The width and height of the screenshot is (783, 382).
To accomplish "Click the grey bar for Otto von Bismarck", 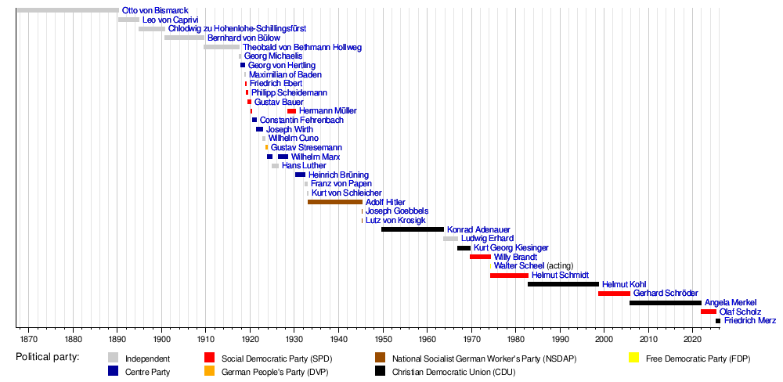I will (x=67, y=10).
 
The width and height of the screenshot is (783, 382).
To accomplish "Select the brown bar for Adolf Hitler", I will (x=335, y=202).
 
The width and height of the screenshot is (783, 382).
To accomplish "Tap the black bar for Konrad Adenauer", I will (x=413, y=229).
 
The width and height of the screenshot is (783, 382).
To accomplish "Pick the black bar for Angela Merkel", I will (x=666, y=302).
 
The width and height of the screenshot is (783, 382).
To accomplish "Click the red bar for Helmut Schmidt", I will (x=509, y=276).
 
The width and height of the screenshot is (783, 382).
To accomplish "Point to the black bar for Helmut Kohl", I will (x=563, y=284).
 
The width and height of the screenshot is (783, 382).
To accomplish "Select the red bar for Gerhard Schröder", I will (x=614, y=294).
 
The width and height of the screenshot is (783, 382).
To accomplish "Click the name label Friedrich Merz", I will (x=749, y=321).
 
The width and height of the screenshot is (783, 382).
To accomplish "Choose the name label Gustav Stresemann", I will (x=306, y=148).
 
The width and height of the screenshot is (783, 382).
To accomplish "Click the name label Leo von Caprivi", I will (x=171, y=20).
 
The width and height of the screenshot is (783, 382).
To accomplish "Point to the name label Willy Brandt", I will (x=515, y=257).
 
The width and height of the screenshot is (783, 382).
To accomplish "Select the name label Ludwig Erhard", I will (x=487, y=239).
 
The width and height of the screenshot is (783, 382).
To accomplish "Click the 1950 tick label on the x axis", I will (x=383, y=340).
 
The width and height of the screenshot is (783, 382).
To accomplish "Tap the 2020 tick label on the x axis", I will (x=693, y=340).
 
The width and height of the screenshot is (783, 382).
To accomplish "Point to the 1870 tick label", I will (x=29, y=340).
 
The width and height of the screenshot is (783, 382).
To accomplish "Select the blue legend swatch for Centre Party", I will (x=114, y=372).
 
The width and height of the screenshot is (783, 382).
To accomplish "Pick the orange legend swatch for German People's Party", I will (x=209, y=372).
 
